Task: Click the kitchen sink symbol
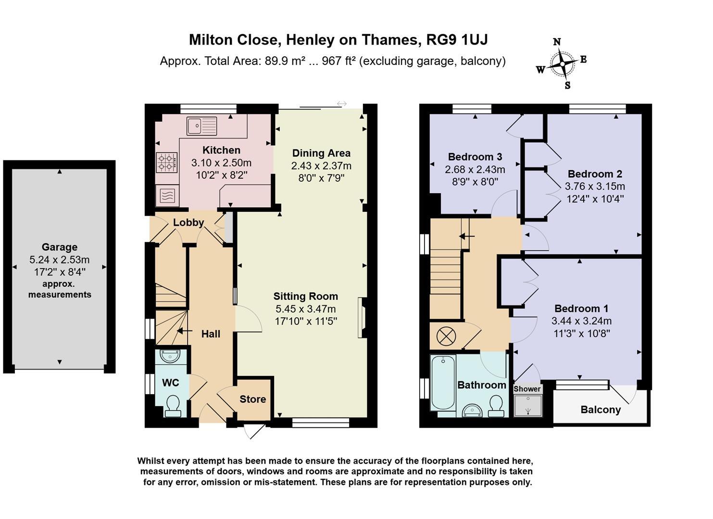[202, 126]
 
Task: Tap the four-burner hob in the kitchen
[166, 162]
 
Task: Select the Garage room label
[60, 247]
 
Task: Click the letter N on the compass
[557, 42]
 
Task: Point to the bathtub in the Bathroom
[443, 383]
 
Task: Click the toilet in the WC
[173, 406]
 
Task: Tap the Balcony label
[600, 409]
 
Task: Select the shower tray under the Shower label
[528, 405]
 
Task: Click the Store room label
[253, 399]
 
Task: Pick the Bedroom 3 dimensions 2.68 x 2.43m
[475, 169]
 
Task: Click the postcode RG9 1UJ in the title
[457, 40]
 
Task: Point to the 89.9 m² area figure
[285, 61]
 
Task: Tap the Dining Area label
[321, 153]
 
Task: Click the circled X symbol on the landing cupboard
[446, 336]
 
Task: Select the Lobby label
[188, 222]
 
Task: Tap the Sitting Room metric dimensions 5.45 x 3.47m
[306, 309]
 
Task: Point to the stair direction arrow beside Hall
[185, 331]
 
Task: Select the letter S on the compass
[567, 85]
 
